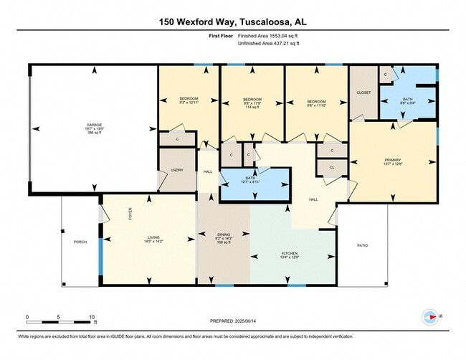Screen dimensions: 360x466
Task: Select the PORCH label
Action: click(80, 242)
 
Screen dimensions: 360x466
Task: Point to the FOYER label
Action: click(130, 213)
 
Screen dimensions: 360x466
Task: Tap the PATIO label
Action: click(363, 245)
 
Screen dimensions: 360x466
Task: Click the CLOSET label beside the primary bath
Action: click(363, 92)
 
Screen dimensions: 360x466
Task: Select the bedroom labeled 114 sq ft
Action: click(252, 100)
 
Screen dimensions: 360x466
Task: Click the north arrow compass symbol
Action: click(432, 316)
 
